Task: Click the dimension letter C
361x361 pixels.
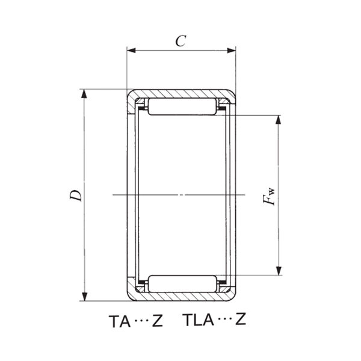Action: (x=180, y=41)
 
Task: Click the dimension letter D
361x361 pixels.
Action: (x=75, y=195)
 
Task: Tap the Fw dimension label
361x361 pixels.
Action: (x=272, y=196)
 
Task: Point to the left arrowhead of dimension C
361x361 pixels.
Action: (x=131, y=51)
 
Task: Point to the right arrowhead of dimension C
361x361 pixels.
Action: (x=231, y=51)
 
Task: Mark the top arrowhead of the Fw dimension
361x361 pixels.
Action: (x=278, y=119)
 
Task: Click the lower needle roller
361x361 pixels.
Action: (x=181, y=283)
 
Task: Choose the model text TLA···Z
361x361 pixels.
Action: (x=214, y=320)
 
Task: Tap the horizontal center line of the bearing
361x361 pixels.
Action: (x=180, y=195)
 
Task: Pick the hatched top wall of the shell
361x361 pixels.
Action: (x=180, y=94)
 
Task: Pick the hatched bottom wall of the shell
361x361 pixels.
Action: (x=180, y=297)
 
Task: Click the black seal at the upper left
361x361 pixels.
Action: (x=143, y=108)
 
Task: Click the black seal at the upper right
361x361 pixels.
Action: (x=221, y=108)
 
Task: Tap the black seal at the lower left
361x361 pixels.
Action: (x=143, y=282)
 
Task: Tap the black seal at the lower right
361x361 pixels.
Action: (x=221, y=282)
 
